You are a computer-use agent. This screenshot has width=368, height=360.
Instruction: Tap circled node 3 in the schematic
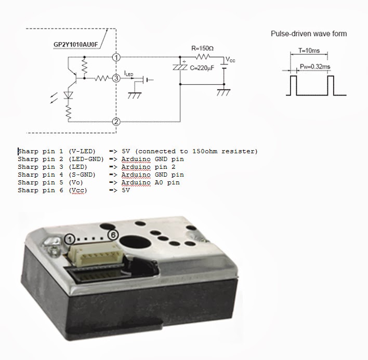tap(116, 78)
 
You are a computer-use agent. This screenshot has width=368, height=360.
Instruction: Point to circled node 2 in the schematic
tap(116, 122)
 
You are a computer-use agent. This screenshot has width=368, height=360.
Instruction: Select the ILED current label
tap(128, 74)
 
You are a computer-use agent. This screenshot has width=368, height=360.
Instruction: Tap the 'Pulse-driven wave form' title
tap(309, 34)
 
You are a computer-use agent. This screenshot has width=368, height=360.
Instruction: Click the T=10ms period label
tap(309, 51)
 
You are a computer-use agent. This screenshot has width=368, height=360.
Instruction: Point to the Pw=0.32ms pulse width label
tap(316, 65)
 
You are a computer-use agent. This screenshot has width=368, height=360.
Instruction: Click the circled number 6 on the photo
tap(112, 235)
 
